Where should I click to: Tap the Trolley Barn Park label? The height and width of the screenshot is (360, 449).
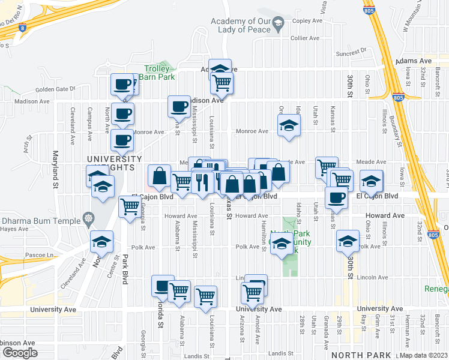pyautogui.click(x=158, y=73)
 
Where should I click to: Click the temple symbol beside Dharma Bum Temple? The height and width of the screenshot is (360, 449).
pyautogui.click(x=88, y=218)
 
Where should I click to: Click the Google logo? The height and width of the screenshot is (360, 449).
pyautogui.click(x=20, y=353)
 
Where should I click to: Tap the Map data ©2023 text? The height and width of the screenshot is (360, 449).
pyautogui.click(x=424, y=354)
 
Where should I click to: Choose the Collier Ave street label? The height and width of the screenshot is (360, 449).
pyautogui.click(x=304, y=38)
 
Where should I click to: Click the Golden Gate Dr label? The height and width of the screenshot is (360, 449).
pyautogui.click(x=55, y=89)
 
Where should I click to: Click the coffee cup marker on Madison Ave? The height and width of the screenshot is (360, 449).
pyautogui.click(x=178, y=107)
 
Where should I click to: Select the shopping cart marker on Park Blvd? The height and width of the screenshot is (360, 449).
pyautogui.click(x=130, y=207)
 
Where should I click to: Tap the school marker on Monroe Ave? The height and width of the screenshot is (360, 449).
pyautogui.click(x=289, y=126)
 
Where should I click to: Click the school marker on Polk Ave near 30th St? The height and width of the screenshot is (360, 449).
pyautogui.click(x=348, y=241)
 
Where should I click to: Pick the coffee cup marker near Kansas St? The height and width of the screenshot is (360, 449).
pyautogui.click(x=336, y=198)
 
